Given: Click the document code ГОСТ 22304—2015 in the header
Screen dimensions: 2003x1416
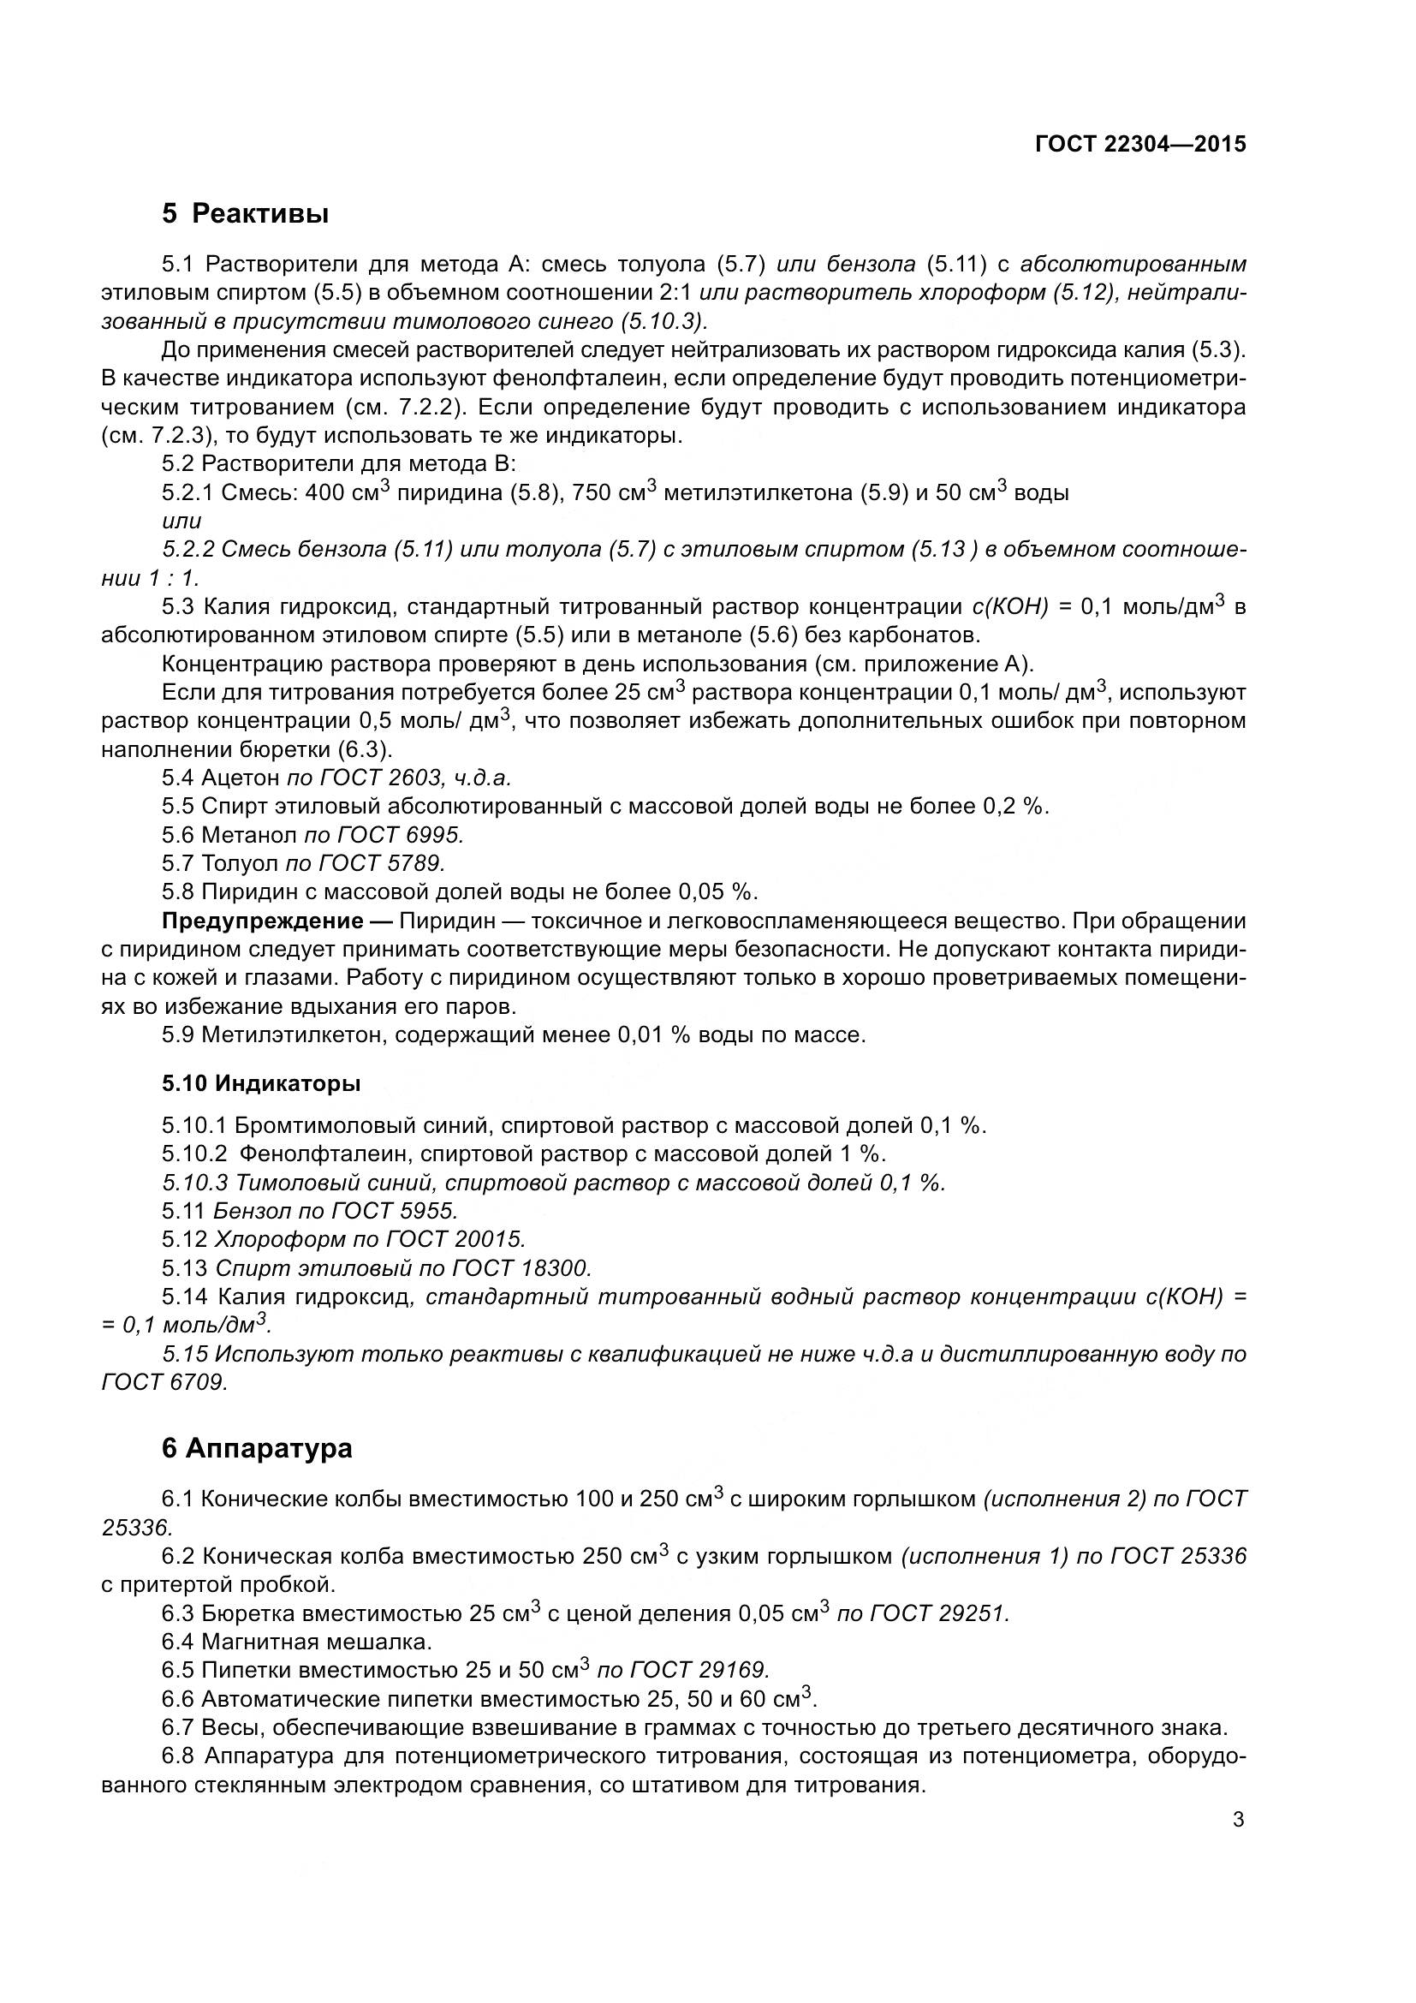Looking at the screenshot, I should tap(1140, 145).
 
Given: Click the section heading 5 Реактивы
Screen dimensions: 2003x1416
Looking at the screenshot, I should tap(245, 213).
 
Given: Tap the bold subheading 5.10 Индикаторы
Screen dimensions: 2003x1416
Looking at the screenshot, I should tap(261, 1083).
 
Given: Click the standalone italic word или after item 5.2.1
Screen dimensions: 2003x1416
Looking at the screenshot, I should tap(181, 521).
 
